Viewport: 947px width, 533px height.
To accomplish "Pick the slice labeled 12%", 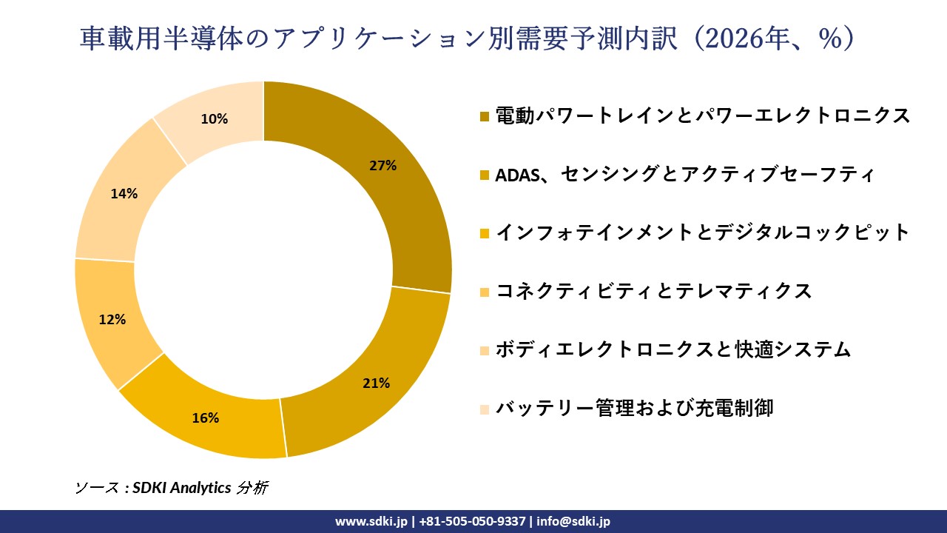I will pyautogui.click(x=113, y=320).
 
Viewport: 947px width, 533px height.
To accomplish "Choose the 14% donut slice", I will pyautogui.click(x=124, y=194).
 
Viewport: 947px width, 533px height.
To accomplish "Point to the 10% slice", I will pyautogui.click(x=215, y=118).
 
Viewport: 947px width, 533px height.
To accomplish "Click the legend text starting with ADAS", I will pyautogui.click(x=685, y=175).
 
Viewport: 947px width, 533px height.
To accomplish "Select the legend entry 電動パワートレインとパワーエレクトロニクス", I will pyautogui.click(x=702, y=116).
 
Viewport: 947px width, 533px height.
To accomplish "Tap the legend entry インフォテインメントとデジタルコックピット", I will pyautogui.click(x=702, y=232).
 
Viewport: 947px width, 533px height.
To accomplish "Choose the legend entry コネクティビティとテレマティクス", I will pyautogui.click(x=653, y=291).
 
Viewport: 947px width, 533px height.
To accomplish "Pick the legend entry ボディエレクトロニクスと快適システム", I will pyautogui.click(x=673, y=349).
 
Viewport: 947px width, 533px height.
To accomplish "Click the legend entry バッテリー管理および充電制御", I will pyautogui.click(x=634, y=408).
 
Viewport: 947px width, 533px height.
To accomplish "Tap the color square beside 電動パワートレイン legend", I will pyautogui.click(x=485, y=117).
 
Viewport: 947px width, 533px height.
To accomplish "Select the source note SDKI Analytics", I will pyautogui.click(x=182, y=488).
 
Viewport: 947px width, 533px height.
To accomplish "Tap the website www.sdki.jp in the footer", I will pyautogui.click(x=371, y=521).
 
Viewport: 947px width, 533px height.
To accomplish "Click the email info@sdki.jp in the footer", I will pyautogui.click(x=573, y=521).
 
